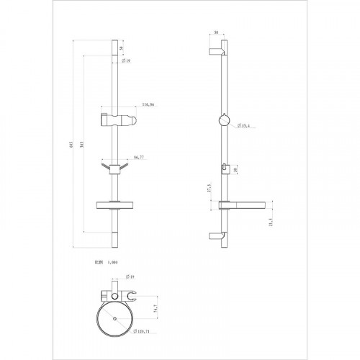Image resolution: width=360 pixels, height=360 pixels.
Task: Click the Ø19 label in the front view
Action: click(126, 61)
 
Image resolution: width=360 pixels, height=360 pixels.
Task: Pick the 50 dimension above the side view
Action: click(217, 33)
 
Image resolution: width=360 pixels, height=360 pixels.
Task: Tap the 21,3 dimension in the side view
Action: click(270, 223)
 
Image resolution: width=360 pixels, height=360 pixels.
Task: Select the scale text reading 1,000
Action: click(111, 264)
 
